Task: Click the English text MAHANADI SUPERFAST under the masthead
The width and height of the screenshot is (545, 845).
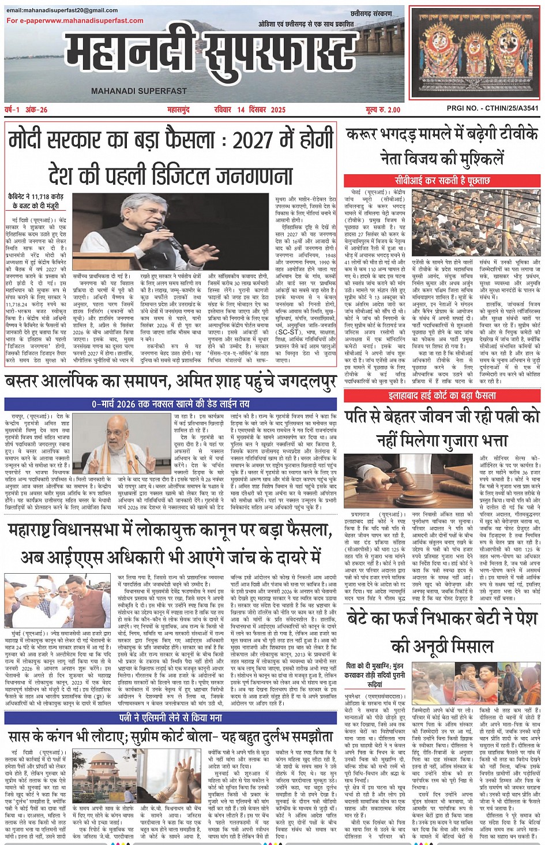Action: click(139, 91)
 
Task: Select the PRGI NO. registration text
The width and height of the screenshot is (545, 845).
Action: click(493, 109)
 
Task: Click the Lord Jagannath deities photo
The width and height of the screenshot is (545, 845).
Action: click(475, 52)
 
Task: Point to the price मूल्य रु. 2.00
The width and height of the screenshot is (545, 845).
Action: click(382, 110)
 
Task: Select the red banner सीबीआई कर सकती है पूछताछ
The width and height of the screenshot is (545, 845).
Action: click(442, 181)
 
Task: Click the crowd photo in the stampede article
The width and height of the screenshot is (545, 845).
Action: click(476, 223)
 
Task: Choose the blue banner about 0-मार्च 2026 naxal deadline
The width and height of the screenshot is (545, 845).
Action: click(170, 403)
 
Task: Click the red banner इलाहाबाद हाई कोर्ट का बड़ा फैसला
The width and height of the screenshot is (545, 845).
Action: click(442, 396)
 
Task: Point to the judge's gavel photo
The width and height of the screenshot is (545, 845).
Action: click(377, 472)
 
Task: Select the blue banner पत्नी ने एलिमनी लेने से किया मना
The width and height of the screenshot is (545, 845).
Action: click(170, 717)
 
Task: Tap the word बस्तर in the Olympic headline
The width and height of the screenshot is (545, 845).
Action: click(26, 382)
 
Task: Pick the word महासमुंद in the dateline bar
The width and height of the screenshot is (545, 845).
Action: click(178, 110)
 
